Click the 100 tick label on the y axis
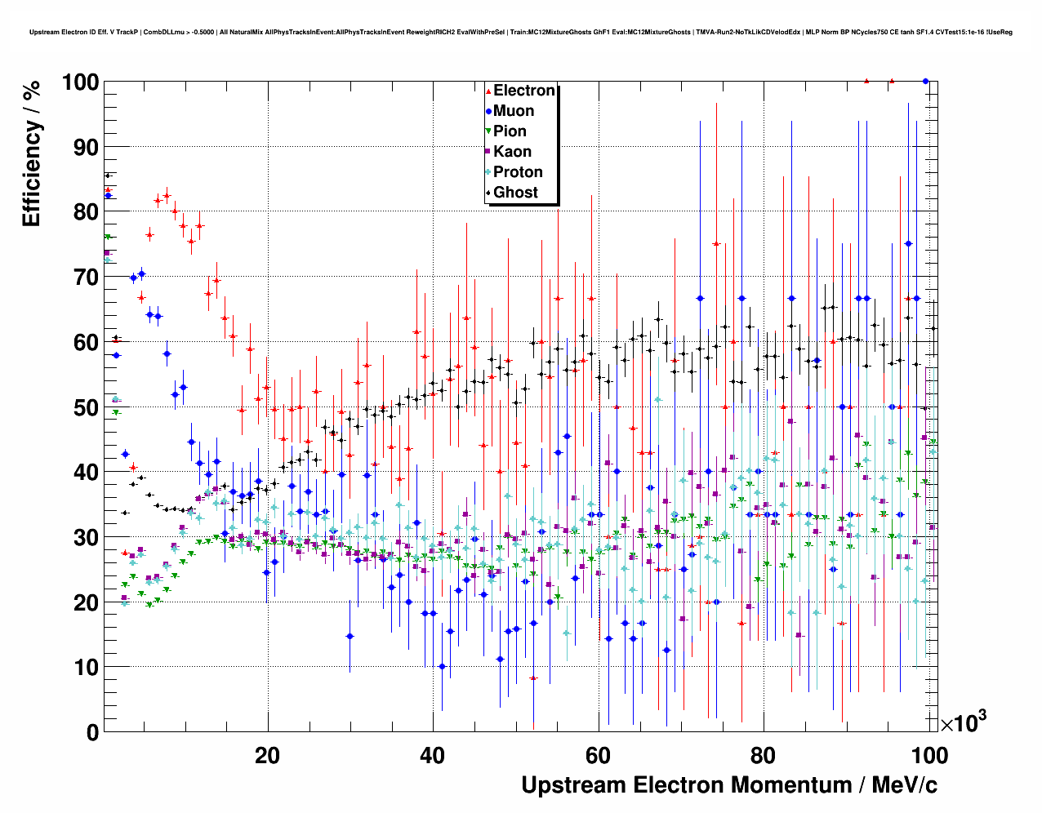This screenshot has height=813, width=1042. coord(80,82)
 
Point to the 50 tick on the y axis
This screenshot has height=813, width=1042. coord(86,407)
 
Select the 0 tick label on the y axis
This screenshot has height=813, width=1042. coord(91,732)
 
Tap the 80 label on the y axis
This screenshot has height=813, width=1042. coord(86,212)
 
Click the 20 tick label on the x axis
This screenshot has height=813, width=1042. coord(267,755)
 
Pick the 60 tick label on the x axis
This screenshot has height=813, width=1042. coord(598,755)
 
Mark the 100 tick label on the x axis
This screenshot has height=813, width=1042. coord(928,755)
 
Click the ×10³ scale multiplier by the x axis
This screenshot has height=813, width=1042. coord(963,722)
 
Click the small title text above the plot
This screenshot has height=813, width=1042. coord(520,33)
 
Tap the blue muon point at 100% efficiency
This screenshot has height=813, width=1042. coord(925,81)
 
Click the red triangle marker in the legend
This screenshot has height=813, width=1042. coord(488,91)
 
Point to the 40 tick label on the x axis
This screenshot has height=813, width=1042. coord(432,755)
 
